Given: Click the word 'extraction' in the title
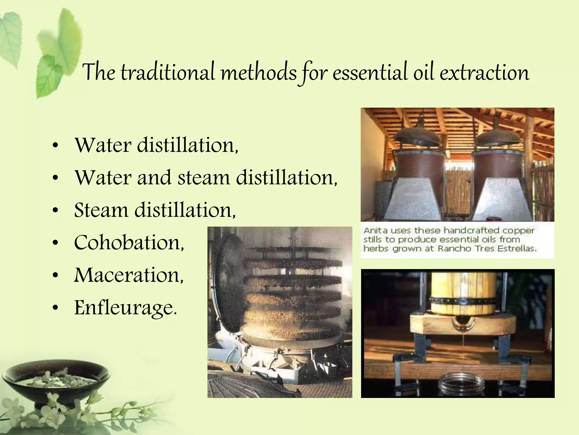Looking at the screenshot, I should [x=484, y=72].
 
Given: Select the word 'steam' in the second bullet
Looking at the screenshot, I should [x=204, y=178].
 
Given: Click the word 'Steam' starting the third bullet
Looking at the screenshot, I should [x=101, y=210].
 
